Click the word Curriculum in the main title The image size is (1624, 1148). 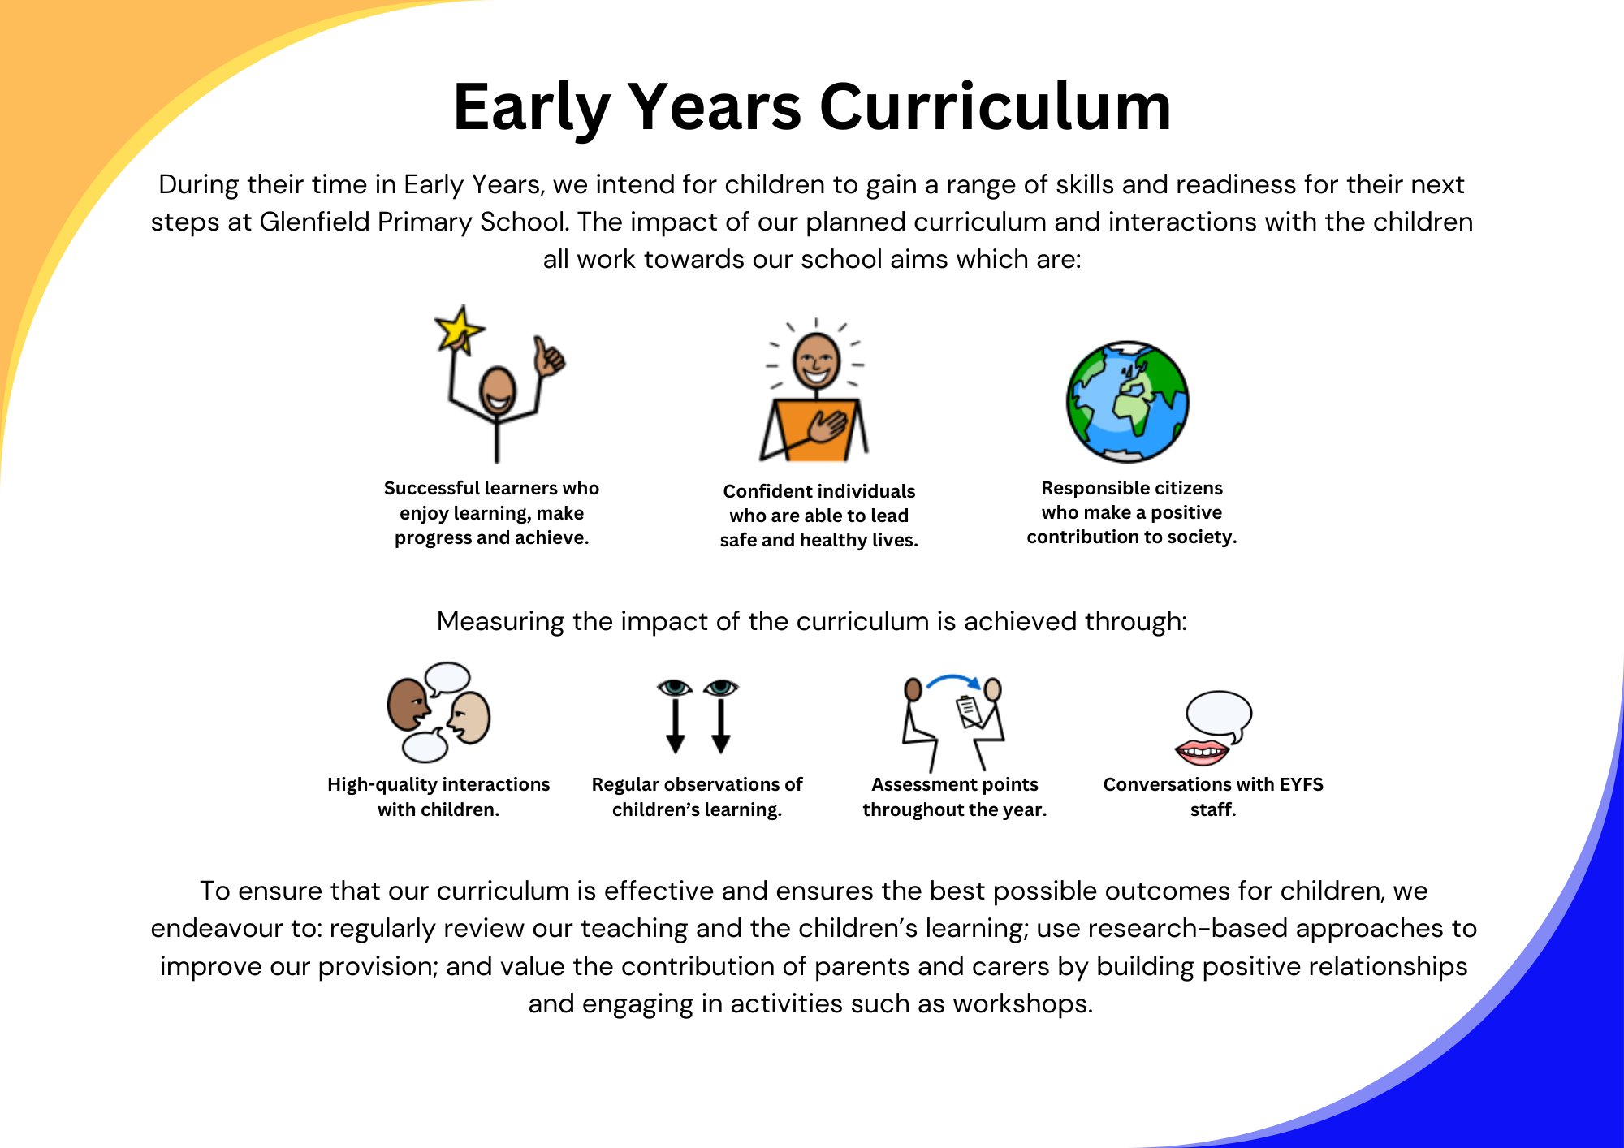pos(996,107)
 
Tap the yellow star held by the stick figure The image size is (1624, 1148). pos(459,328)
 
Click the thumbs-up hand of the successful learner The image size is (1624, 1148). pos(549,357)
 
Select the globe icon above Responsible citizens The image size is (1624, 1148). pos(1128,402)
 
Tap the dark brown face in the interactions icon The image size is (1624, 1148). pos(408,705)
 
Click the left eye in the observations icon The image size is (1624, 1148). pos(675,688)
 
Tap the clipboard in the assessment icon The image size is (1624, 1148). pos(970,711)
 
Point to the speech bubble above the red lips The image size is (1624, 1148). pos(1219,716)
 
